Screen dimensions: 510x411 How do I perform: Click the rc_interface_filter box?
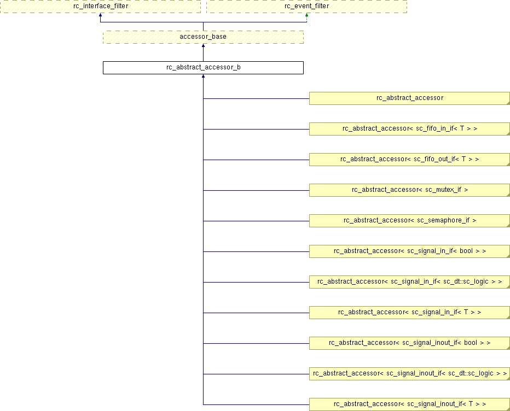100,6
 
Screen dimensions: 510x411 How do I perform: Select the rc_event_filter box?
306,6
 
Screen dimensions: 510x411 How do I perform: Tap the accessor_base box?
203,37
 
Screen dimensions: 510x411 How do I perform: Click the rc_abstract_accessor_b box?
203,68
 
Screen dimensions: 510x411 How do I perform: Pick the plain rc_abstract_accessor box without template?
409,98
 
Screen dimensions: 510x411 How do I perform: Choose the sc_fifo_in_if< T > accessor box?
409,128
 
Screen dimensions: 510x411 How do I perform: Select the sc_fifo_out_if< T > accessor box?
409,160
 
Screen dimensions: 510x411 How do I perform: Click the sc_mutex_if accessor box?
409,190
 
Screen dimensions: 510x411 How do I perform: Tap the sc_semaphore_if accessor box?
409,221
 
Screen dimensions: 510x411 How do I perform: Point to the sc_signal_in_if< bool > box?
409,251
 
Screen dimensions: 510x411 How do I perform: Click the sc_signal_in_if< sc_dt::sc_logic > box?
409,281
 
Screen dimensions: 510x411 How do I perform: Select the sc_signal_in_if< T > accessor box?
409,313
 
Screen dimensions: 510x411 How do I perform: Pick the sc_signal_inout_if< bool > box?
409,343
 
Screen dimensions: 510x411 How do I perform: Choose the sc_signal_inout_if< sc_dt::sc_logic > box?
409,374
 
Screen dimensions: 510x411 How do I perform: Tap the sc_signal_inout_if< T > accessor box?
409,404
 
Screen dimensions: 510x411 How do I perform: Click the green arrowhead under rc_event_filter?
306,15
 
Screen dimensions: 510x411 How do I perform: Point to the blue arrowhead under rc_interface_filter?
100,15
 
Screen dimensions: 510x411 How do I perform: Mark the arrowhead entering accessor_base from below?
203,46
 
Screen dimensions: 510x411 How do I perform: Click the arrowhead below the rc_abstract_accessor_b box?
203,77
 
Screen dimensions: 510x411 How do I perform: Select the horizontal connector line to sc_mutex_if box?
256,190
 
